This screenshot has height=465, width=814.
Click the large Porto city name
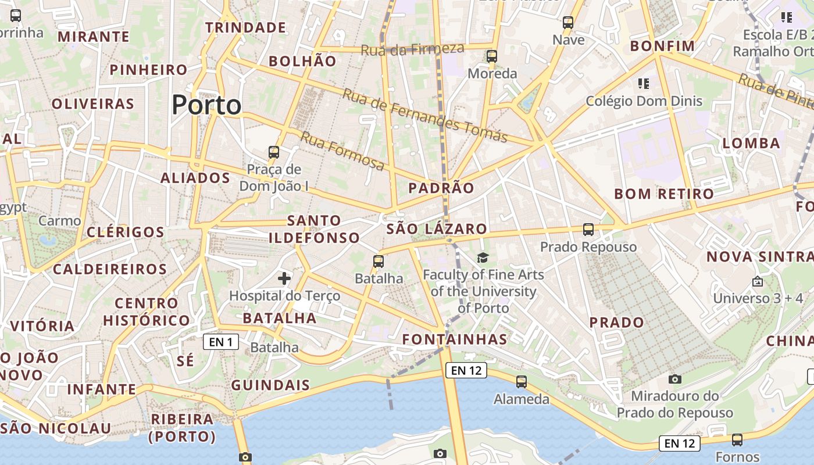[x=206, y=105]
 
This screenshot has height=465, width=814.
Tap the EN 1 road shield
[x=220, y=342]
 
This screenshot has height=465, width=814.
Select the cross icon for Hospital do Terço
[x=284, y=278]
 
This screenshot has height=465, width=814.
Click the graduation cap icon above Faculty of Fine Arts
[x=483, y=257]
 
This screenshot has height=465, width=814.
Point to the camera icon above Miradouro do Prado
[x=674, y=379]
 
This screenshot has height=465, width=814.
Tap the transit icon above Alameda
[x=522, y=382]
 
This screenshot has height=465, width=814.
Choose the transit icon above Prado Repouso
[x=588, y=230]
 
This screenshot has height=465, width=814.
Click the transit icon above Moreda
[x=492, y=56]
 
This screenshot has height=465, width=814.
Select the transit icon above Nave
[x=568, y=23]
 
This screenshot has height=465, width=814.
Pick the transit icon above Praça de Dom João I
[x=273, y=152]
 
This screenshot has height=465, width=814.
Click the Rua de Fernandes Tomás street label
[x=424, y=115]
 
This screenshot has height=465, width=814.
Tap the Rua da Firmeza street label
[x=412, y=49]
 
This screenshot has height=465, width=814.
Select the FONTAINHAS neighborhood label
[x=455, y=339]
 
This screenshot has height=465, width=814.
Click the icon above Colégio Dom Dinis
[x=643, y=84]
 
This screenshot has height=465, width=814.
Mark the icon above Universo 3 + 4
[x=758, y=281]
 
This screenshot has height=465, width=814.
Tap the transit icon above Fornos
[x=737, y=439]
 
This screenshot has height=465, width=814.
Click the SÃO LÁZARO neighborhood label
[x=436, y=229]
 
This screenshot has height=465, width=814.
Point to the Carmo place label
[x=59, y=221]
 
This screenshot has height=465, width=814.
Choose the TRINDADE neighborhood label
[x=245, y=27]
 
